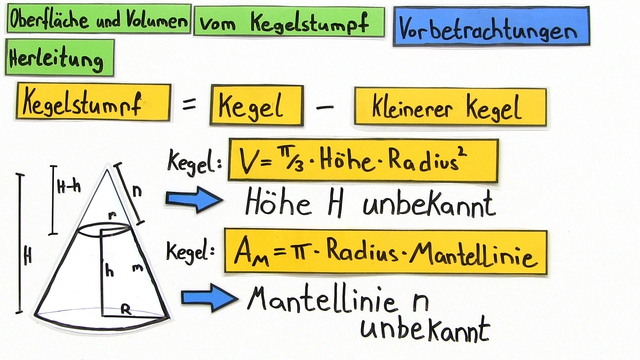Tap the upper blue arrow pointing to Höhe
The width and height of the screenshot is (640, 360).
(193, 198)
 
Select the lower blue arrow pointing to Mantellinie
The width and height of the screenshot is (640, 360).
(206, 297)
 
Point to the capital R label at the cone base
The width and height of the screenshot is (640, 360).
(126, 310)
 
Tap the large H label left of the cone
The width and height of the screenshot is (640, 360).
(27, 255)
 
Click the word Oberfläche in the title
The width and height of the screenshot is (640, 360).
(48, 21)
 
